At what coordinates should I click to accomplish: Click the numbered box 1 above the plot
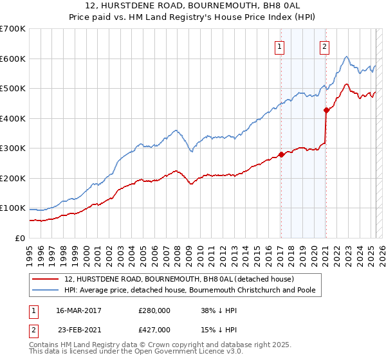pyautogui.click(x=280, y=46)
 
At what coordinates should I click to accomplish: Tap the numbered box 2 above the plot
pyautogui.click(x=325, y=46)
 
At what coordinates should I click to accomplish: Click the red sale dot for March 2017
pyautogui.click(x=281, y=154)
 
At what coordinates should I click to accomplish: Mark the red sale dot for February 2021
pyautogui.click(x=326, y=110)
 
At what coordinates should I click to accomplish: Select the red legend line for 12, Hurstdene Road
pyautogui.click(x=45, y=280)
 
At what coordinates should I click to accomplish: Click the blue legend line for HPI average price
pyautogui.click(x=45, y=291)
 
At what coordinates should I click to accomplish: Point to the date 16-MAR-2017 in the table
pyautogui.click(x=79, y=310)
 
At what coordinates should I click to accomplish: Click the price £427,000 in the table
pyautogui.click(x=154, y=329)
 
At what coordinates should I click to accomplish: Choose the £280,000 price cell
pyautogui.click(x=154, y=310)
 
